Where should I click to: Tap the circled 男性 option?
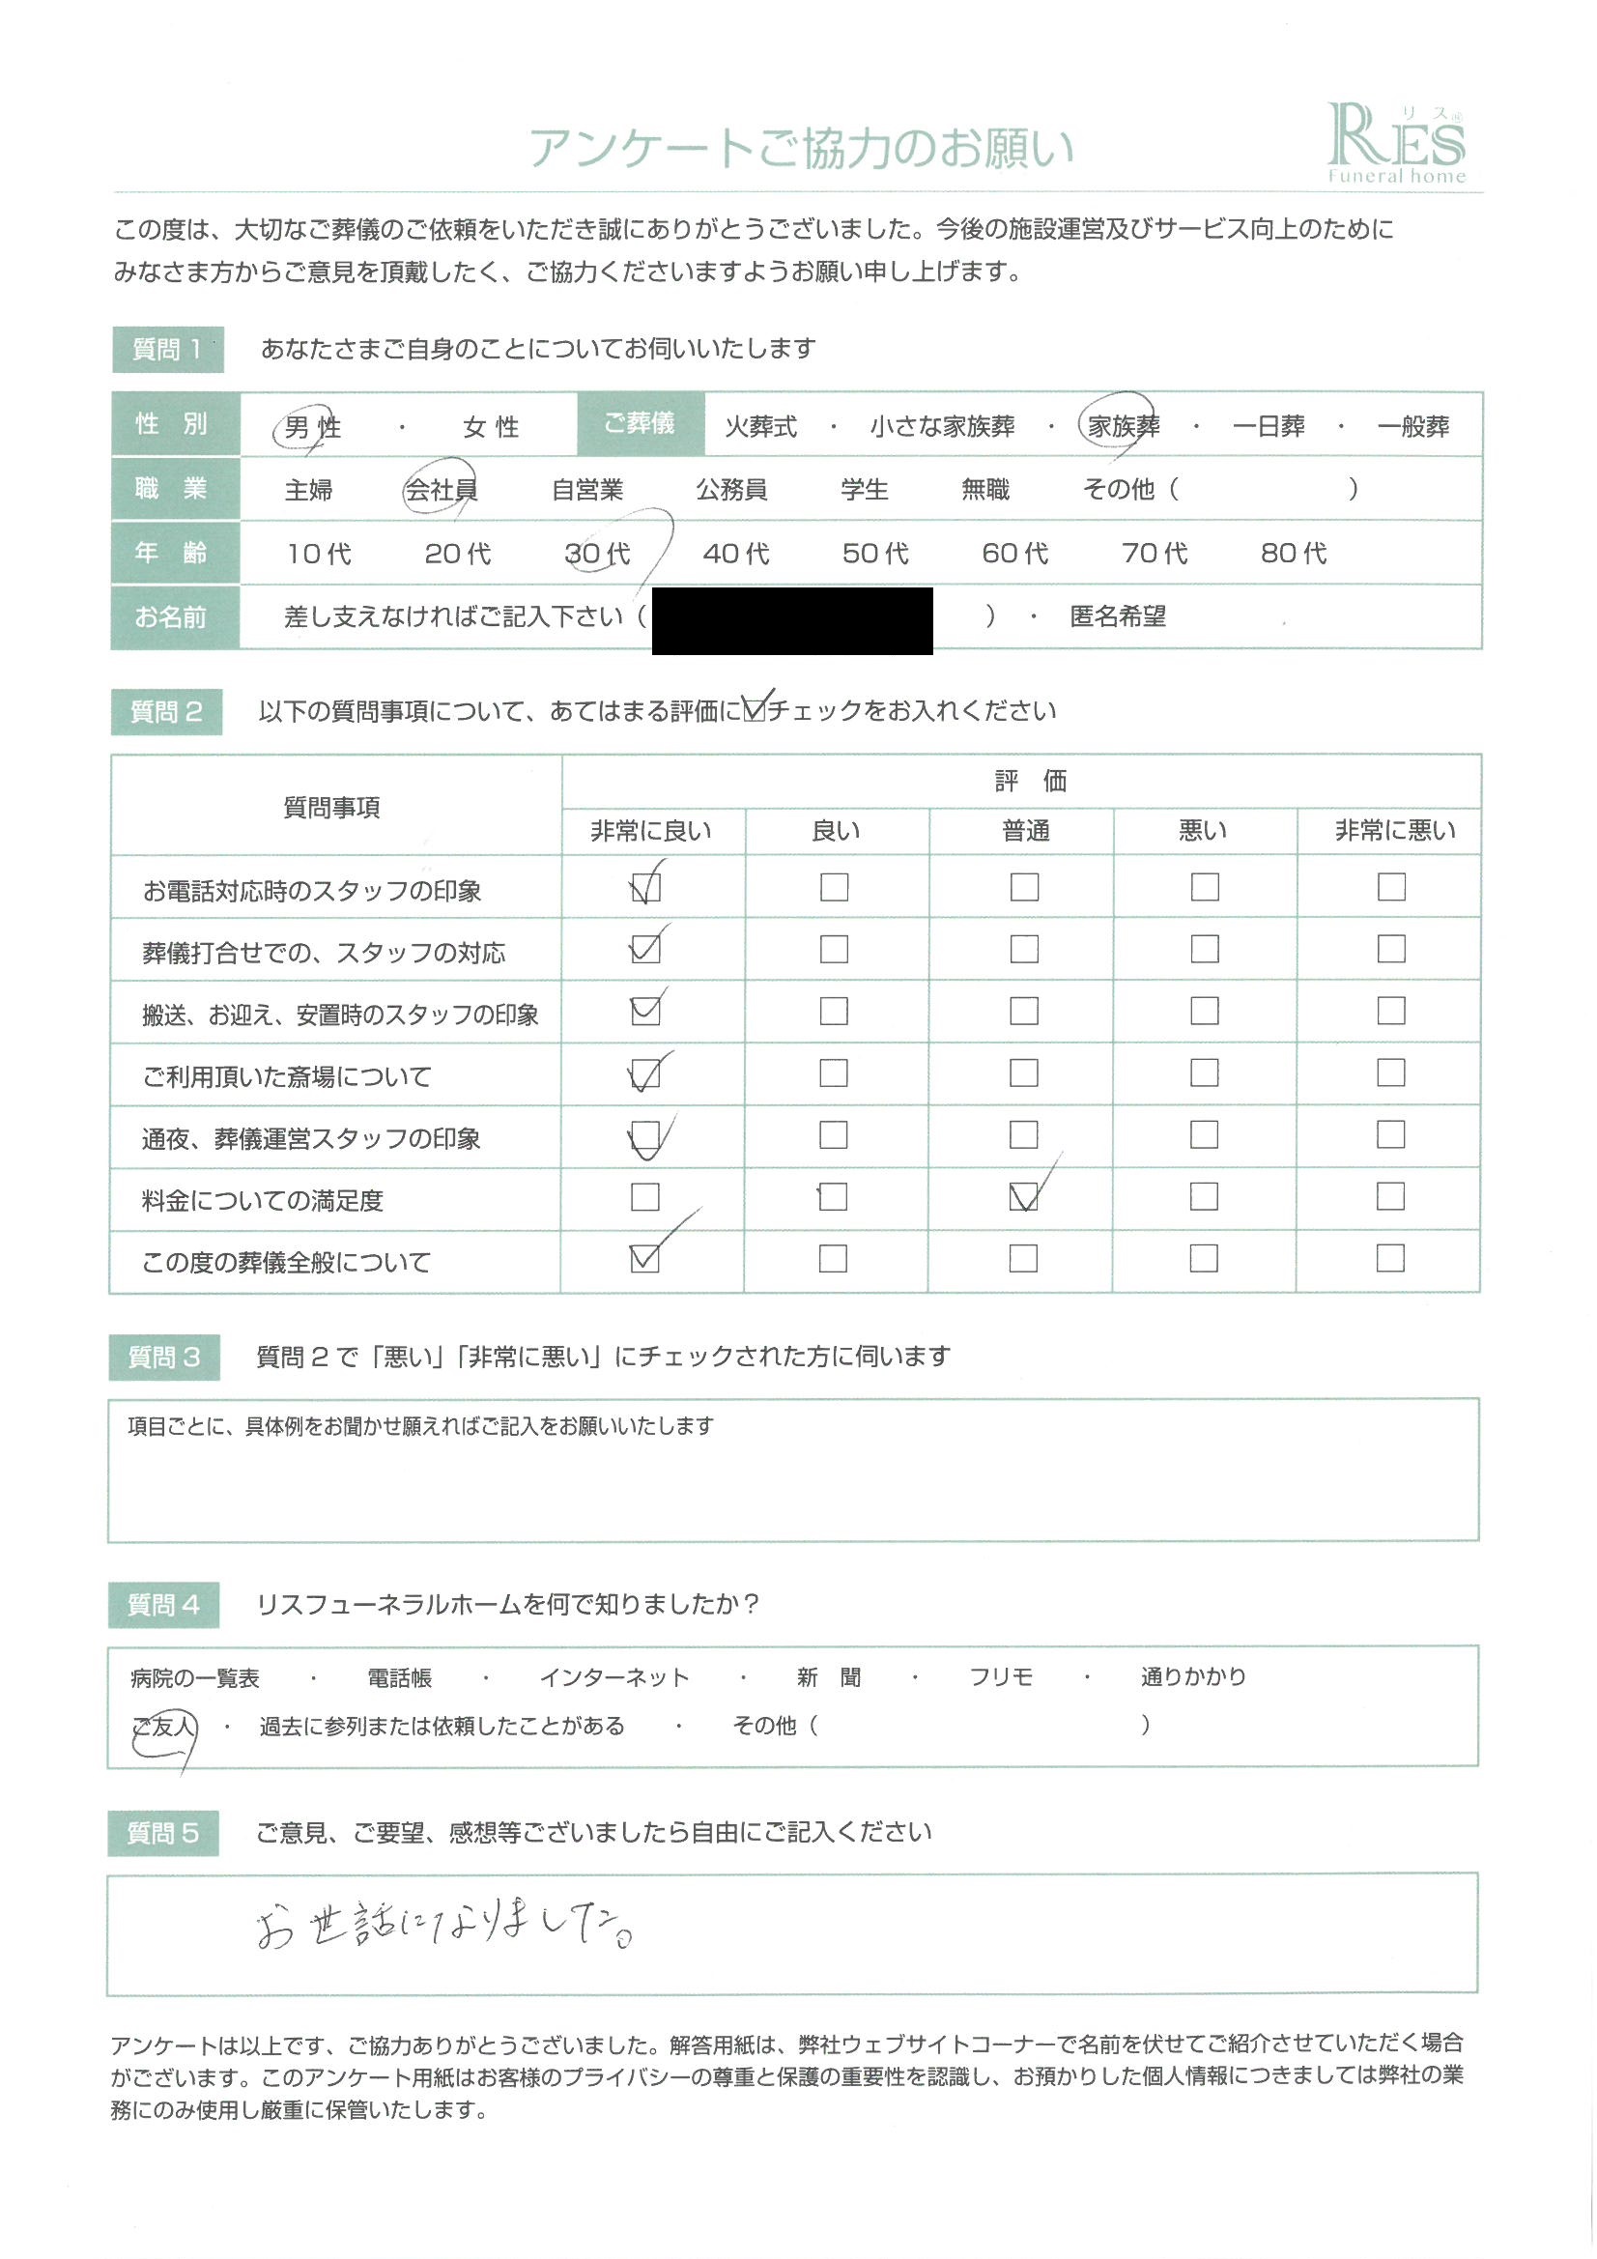tap(311, 428)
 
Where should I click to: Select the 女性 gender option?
tap(490, 428)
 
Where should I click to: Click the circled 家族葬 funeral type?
tap(1123, 426)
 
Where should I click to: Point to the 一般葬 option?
tap(1413, 426)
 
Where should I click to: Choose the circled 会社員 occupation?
tap(441, 489)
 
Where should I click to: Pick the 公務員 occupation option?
tap(731, 489)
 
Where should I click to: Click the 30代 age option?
tap(597, 554)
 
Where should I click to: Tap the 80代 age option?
tap(1293, 554)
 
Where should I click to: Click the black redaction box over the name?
tap(792, 620)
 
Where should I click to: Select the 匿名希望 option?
tap(1117, 616)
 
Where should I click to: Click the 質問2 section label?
tap(166, 711)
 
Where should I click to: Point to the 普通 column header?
tap(1025, 831)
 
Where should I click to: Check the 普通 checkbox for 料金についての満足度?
tap(1023, 1196)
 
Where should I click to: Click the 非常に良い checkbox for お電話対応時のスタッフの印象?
tap(645, 887)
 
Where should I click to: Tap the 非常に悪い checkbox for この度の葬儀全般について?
tap(1389, 1258)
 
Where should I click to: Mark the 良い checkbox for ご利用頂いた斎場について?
tap(834, 1072)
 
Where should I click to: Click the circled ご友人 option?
tap(164, 1726)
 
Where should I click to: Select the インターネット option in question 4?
tap(614, 1677)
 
